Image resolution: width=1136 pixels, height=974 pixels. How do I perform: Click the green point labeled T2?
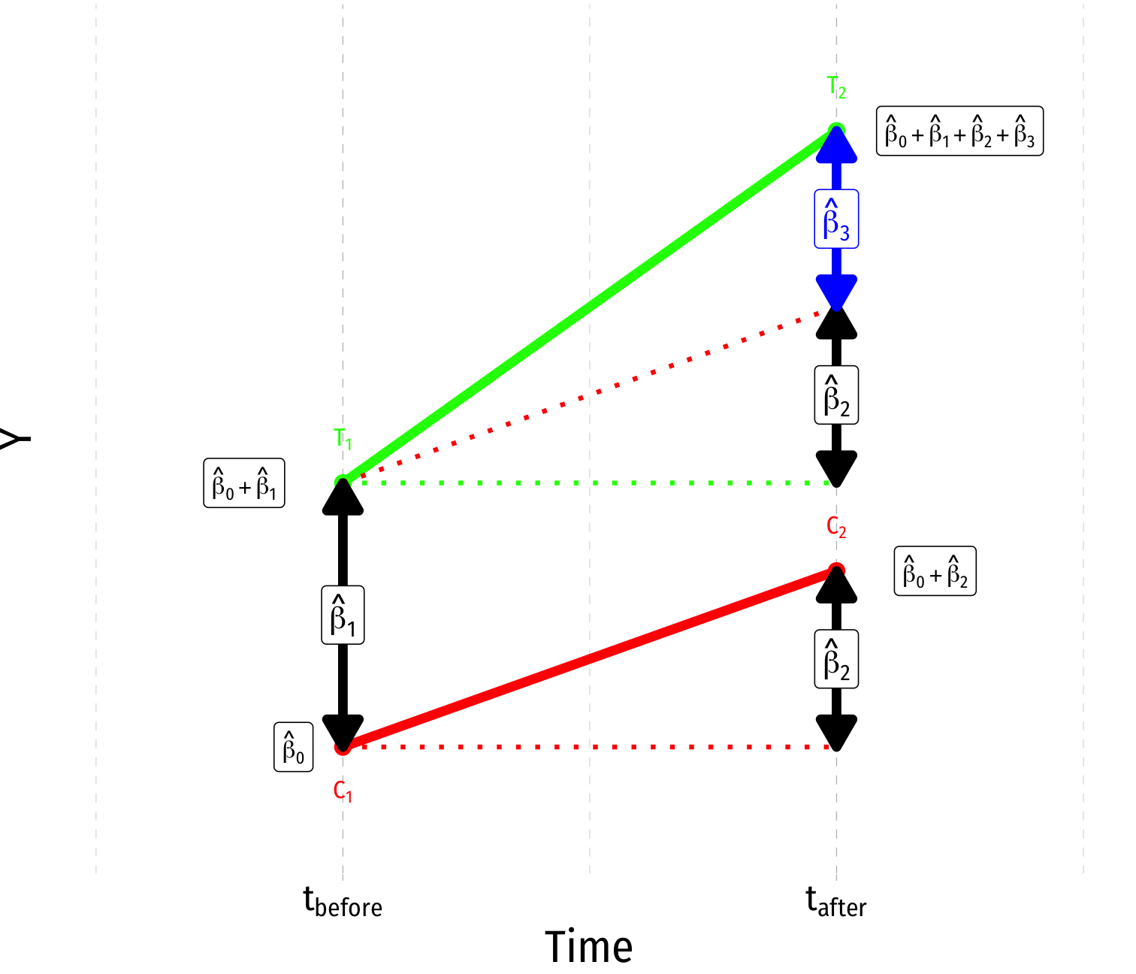click(836, 130)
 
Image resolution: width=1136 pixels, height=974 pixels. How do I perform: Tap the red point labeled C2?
click(836, 570)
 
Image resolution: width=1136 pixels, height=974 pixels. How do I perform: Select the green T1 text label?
click(343, 439)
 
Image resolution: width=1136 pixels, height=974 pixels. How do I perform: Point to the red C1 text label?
click(343, 791)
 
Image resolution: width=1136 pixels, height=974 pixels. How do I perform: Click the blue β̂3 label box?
click(836, 219)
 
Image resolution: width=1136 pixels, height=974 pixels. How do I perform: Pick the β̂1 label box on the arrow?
click(343, 615)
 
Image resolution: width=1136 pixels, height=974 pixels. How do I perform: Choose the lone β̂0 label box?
click(293, 747)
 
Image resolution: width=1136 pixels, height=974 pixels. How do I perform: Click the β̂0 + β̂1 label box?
click(244, 483)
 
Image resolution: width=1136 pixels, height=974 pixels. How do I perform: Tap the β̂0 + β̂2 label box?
click(935, 571)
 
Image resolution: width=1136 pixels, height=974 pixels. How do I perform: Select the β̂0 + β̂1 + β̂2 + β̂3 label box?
click(959, 132)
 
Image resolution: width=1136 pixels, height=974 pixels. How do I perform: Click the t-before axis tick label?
click(343, 902)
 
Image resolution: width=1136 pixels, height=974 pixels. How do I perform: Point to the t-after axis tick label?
click(836, 902)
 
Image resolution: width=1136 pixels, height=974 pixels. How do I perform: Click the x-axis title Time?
click(589, 947)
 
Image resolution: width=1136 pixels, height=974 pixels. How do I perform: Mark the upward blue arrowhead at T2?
click(836, 147)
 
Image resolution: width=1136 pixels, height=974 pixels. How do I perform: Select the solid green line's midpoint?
click(589, 306)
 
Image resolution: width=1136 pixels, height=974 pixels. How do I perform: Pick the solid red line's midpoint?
click(589, 659)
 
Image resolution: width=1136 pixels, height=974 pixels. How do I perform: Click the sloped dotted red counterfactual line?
click(589, 396)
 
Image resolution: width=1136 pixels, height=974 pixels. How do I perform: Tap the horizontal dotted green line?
click(589, 482)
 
